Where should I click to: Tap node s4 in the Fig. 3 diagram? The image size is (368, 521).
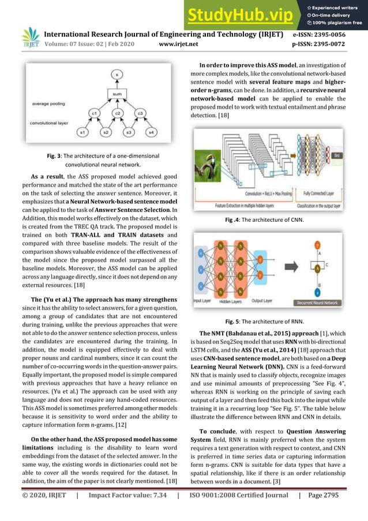[152, 133]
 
